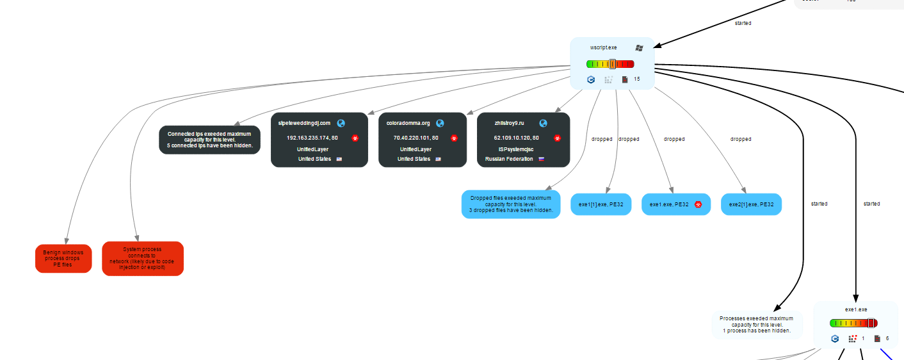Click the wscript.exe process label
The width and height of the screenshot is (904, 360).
point(603,47)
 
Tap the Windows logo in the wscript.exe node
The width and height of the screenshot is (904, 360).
point(639,47)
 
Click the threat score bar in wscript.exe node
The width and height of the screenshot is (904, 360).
point(609,64)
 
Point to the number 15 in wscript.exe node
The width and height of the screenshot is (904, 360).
point(636,79)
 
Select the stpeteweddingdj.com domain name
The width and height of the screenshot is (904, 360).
point(304,123)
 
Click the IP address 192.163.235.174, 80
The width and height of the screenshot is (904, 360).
point(312,138)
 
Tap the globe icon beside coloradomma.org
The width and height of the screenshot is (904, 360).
point(440,123)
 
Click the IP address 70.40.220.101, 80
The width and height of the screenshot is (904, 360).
point(416,138)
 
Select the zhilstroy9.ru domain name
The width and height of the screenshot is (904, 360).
point(509,123)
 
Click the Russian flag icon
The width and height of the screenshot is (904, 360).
point(541,159)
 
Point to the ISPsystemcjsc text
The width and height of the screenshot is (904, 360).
point(516,149)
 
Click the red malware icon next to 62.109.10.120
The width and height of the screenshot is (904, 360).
point(557,138)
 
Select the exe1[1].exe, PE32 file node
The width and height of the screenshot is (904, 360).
point(601,204)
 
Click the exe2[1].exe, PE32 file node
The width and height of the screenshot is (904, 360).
point(751,204)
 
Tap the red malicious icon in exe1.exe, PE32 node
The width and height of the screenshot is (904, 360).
point(698,204)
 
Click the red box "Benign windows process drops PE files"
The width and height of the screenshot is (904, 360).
point(63,258)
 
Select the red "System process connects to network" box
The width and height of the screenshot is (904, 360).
point(142,258)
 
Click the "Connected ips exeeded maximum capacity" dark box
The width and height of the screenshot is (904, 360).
point(209,140)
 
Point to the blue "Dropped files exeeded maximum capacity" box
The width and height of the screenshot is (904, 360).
point(511,204)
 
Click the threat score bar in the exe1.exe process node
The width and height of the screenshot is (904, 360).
point(853,323)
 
